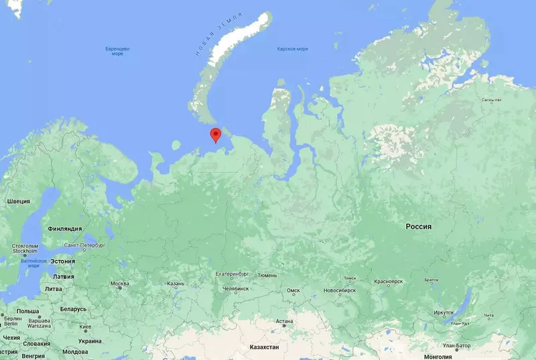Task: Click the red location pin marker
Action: tap(215, 135)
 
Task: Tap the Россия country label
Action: tap(418, 227)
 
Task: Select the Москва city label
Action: tap(120, 284)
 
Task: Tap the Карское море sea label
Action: tap(293, 49)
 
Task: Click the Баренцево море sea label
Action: tap(118, 52)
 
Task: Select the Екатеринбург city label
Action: tap(232, 274)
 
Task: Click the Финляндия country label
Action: tap(65, 228)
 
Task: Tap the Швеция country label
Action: tap(19, 201)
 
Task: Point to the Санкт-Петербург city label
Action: tap(84, 245)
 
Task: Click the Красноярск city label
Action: tap(389, 282)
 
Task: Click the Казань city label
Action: tap(176, 284)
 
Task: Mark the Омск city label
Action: tap(293, 290)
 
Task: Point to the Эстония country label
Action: tap(62, 261)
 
